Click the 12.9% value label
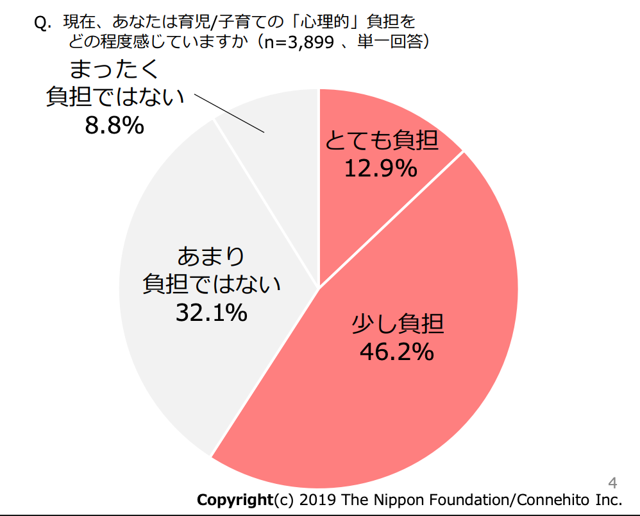[x=381, y=169]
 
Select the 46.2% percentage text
[x=397, y=352]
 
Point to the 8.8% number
[x=114, y=125]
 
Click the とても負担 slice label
[x=382, y=140]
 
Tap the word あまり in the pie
[x=211, y=257]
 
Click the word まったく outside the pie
[x=114, y=69]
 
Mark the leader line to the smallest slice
[x=228, y=114]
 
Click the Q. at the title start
[x=42, y=23]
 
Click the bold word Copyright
[x=235, y=500]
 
